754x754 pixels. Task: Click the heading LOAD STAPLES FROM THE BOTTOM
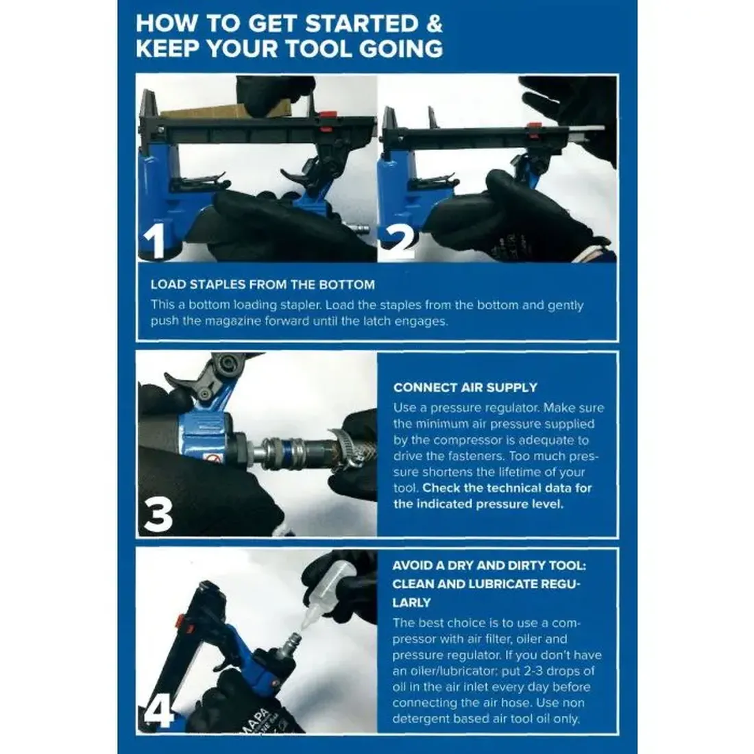click(263, 284)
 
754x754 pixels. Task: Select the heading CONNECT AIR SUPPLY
click(465, 387)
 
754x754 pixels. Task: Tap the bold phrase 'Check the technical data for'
click(507, 488)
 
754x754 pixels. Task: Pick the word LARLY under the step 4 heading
click(411, 603)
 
